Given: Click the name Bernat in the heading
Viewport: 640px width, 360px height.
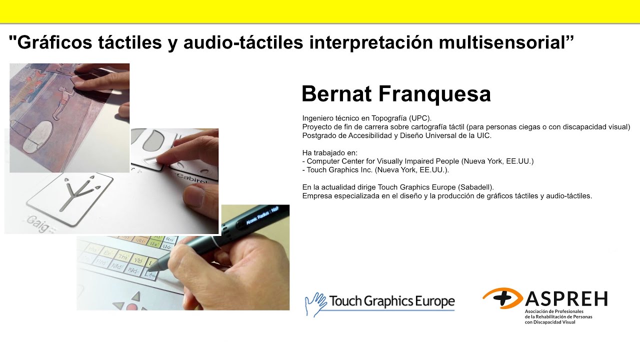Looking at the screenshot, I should [x=335, y=94].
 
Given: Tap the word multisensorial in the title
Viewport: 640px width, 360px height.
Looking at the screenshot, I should [x=505, y=43].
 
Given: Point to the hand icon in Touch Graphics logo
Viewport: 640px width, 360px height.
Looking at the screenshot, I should [x=315, y=303].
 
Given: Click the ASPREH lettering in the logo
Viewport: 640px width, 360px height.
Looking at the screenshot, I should [x=566, y=298].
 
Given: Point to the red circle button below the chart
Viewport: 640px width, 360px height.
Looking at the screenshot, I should [x=132, y=307].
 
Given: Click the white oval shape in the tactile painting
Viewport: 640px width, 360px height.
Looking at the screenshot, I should [x=40, y=135].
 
